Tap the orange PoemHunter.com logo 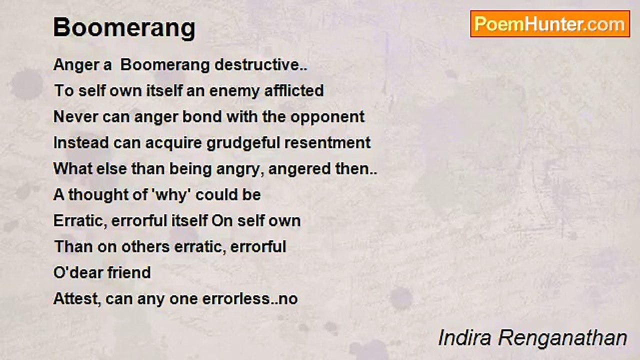(x=550, y=24)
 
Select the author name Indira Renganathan (x=532, y=338)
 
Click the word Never (x=75, y=117)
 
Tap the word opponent (x=327, y=117)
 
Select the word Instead (x=81, y=142)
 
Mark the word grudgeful (x=243, y=143)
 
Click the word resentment (x=327, y=143)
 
